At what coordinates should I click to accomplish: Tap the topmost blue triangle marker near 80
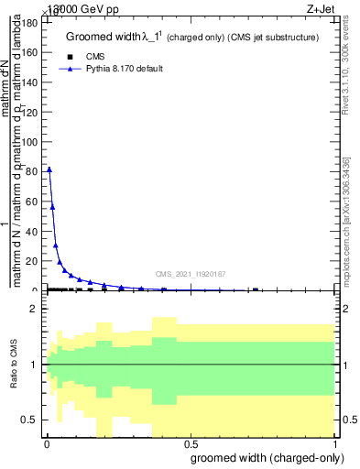coord(49,169)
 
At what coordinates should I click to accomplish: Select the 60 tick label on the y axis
coord(34,202)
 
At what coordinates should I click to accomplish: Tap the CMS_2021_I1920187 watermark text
coord(190,273)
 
